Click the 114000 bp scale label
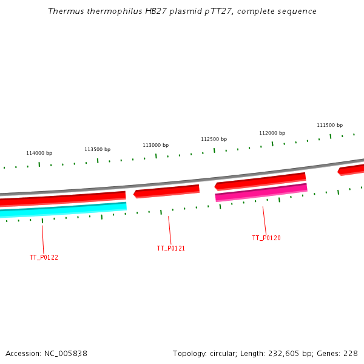click(x=39, y=153)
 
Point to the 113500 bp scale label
click(x=97, y=149)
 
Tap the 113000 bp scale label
click(x=155, y=145)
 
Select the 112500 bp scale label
click(x=214, y=139)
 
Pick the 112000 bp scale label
click(x=272, y=133)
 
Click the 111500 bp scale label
click(x=329, y=125)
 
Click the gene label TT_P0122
click(x=44, y=257)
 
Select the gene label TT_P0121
click(x=171, y=248)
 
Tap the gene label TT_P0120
click(x=266, y=238)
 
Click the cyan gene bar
click(x=61, y=210)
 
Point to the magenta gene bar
click(x=261, y=192)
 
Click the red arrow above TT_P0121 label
click(x=167, y=191)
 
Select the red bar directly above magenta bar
click(x=261, y=181)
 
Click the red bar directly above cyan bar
click(x=61, y=199)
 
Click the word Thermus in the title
click(x=64, y=11)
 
